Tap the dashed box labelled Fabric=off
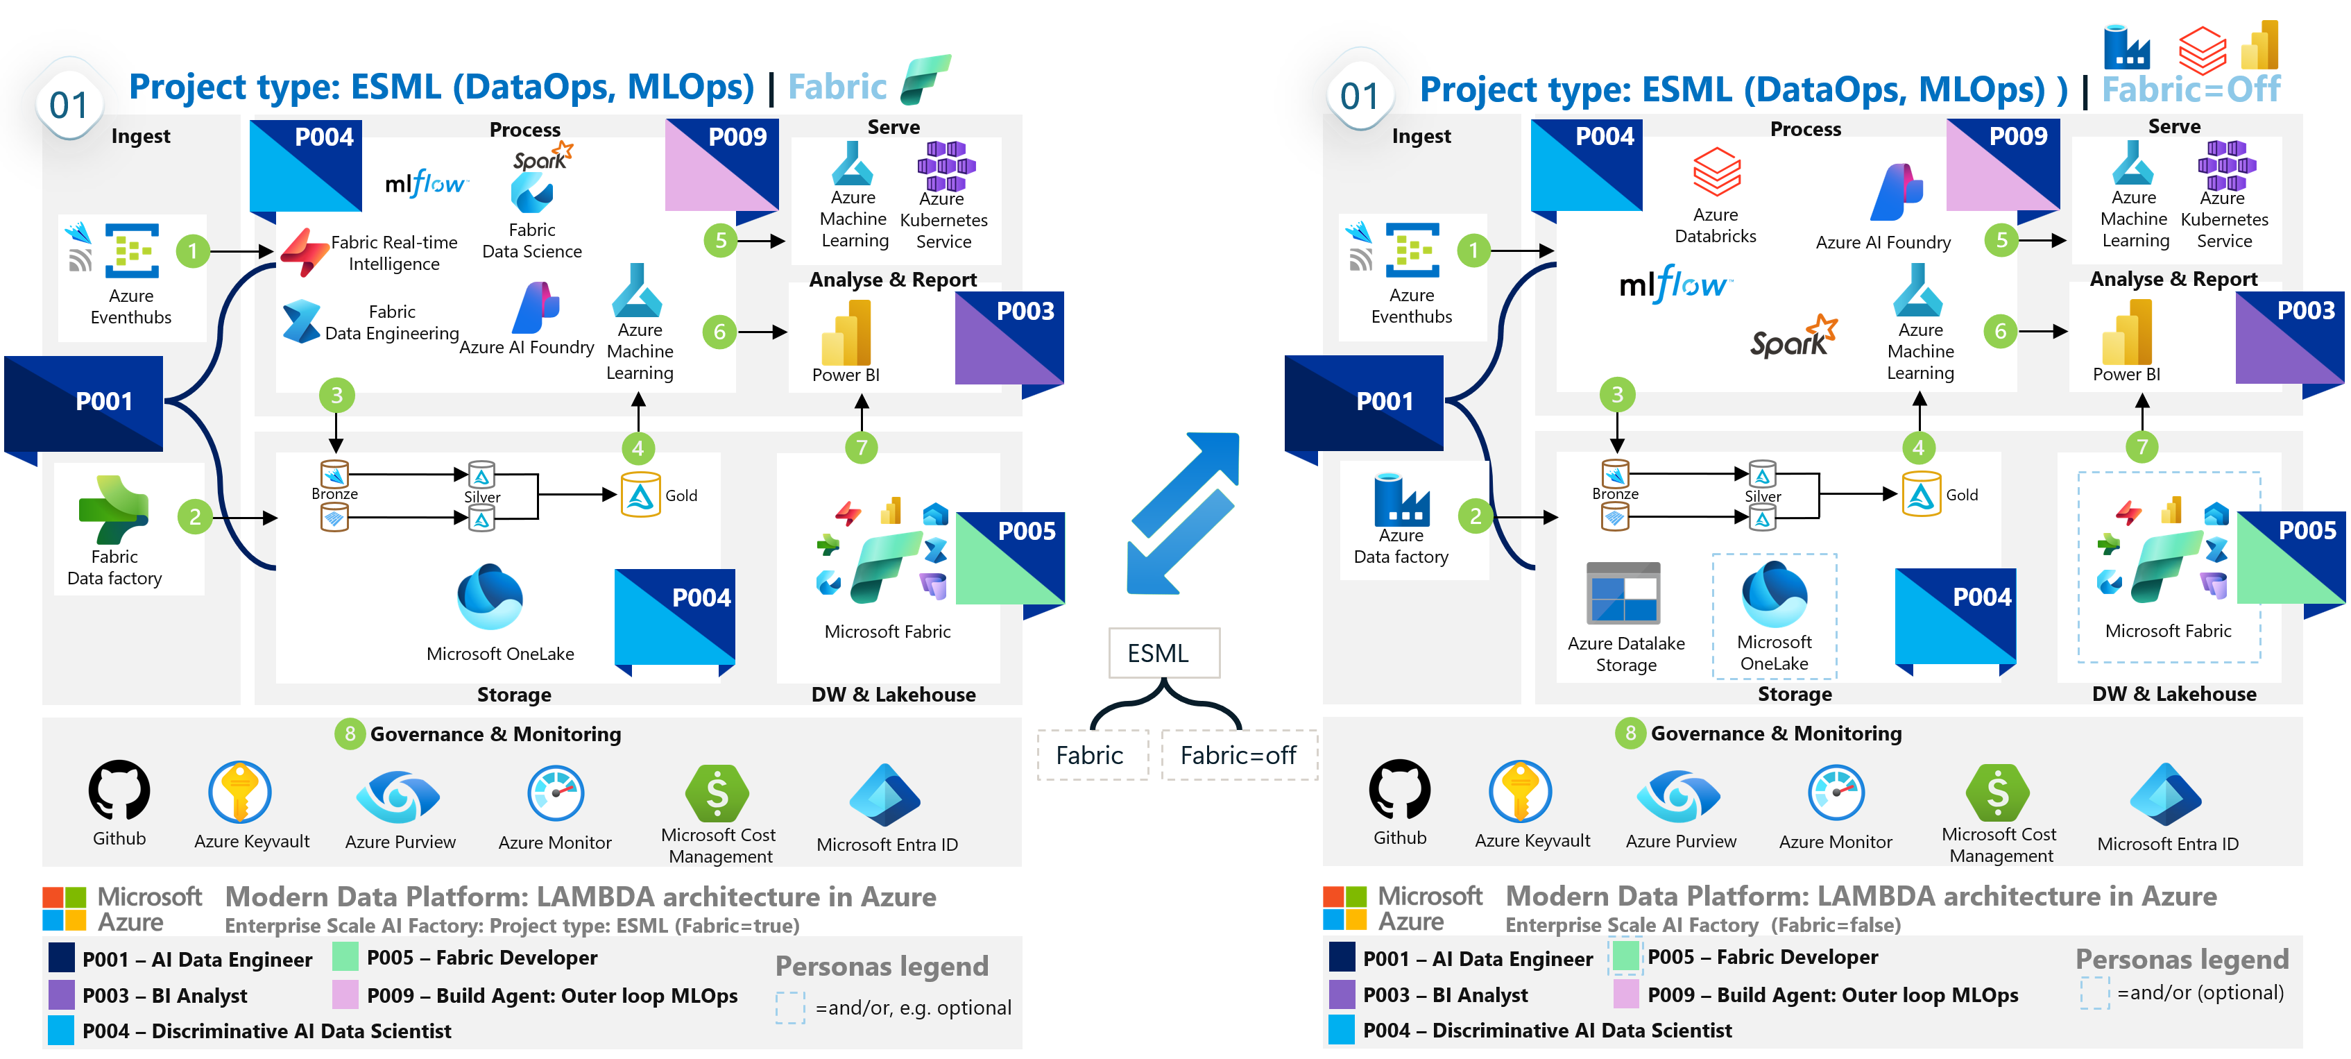click(1238, 755)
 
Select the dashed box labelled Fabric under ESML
click(1091, 755)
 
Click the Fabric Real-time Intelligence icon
click(304, 251)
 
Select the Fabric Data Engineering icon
click(301, 321)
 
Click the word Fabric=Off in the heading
click(2190, 90)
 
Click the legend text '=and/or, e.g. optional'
click(913, 1008)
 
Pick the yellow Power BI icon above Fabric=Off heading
click(2259, 46)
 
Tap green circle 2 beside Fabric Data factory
click(194, 517)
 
